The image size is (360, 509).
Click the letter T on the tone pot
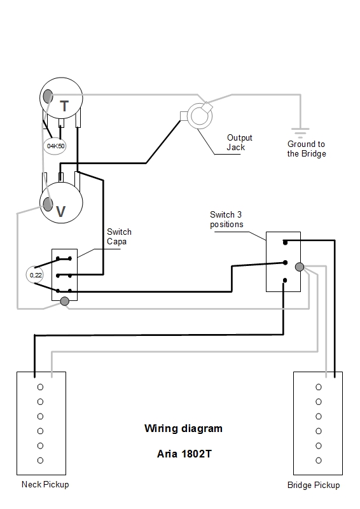[64, 106]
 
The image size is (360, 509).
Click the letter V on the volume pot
[60, 212]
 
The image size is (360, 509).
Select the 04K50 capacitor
[55, 146]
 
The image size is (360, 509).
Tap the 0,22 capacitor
[36, 275]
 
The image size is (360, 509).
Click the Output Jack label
[239, 143]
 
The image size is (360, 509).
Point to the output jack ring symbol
[201, 116]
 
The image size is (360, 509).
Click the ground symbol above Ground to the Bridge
[300, 133]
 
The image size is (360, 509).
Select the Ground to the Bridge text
[307, 149]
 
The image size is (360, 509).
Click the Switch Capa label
[119, 237]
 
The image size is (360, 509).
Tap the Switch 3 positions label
[226, 220]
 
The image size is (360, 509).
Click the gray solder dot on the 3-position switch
[300, 267]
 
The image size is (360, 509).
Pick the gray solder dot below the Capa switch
[65, 302]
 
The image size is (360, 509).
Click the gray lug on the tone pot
[48, 96]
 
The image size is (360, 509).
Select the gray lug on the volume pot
[48, 204]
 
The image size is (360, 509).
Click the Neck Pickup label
[45, 485]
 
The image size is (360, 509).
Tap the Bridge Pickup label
[314, 485]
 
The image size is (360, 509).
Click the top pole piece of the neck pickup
[40, 387]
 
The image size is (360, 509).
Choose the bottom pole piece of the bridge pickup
[319, 460]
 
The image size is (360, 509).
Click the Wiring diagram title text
[183, 428]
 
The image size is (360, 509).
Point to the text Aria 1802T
[184, 454]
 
